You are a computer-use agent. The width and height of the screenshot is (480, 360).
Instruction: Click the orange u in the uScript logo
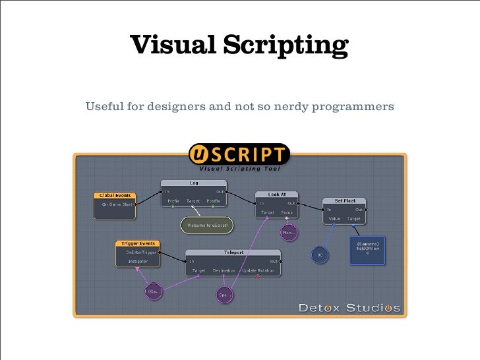click(x=198, y=154)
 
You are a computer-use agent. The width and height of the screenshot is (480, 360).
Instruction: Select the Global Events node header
click(x=115, y=195)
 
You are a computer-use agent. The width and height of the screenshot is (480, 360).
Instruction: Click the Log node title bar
click(x=194, y=183)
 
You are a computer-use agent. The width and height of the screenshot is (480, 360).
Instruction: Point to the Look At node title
click(x=277, y=195)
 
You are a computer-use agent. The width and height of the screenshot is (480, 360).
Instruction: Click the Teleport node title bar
click(x=233, y=252)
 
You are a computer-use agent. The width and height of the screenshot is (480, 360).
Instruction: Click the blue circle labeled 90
click(x=320, y=255)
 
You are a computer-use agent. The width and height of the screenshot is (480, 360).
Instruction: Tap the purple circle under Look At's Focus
click(x=288, y=232)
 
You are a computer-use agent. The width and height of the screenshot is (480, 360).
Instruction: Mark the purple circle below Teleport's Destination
click(x=225, y=295)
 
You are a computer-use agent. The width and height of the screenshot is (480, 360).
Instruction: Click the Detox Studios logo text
click(x=349, y=307)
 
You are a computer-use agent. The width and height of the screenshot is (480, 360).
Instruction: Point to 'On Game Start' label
click(x=116, y=204)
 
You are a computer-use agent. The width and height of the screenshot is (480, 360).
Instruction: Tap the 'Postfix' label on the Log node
click(x=213, y=200)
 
